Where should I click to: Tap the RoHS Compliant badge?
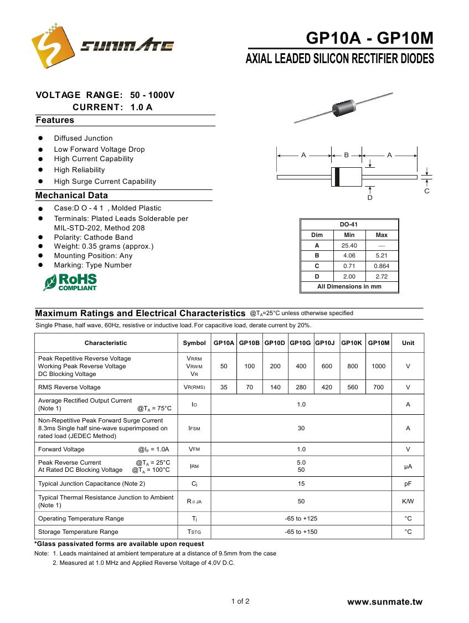coord(70,282)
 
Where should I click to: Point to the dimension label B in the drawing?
coord(346,155)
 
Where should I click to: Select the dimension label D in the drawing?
coord(370,198)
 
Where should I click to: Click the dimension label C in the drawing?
coord(427,190)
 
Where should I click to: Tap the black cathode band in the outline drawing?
coord(337,177)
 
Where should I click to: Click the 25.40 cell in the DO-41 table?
coord(349,245)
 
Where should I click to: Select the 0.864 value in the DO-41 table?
coord(382,266)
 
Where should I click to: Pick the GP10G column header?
coord(300,343)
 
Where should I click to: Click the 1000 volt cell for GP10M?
coord(379,366)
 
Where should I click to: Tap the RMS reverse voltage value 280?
coord(301,387)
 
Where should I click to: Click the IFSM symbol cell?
coord(194,428)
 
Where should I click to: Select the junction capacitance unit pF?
coord(408,483)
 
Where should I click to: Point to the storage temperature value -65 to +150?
coord(301,532)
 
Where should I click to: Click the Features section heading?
coord(55,120)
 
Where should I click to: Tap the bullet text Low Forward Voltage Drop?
coord(99,149)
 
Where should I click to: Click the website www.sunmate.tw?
coord(384,602)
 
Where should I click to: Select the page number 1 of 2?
coord(240,601)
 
